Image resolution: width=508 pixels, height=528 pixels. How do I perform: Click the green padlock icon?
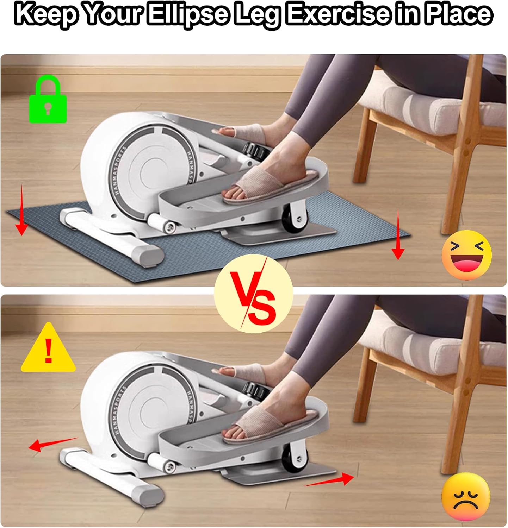48,101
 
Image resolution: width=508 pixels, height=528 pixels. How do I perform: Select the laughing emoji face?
466,255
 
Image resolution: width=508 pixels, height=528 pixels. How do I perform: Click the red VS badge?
254,294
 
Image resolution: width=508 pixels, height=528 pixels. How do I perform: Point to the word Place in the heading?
457,14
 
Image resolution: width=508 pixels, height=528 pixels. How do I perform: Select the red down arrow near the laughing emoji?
398,234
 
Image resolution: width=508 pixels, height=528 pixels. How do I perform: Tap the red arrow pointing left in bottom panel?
53,445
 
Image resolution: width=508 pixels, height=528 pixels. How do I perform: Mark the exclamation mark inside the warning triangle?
49,353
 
